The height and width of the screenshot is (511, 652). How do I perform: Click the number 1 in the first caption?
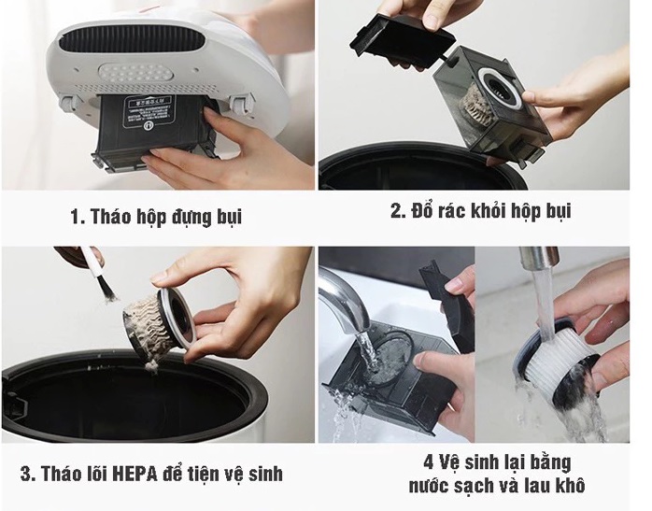[x=76, y=218]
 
